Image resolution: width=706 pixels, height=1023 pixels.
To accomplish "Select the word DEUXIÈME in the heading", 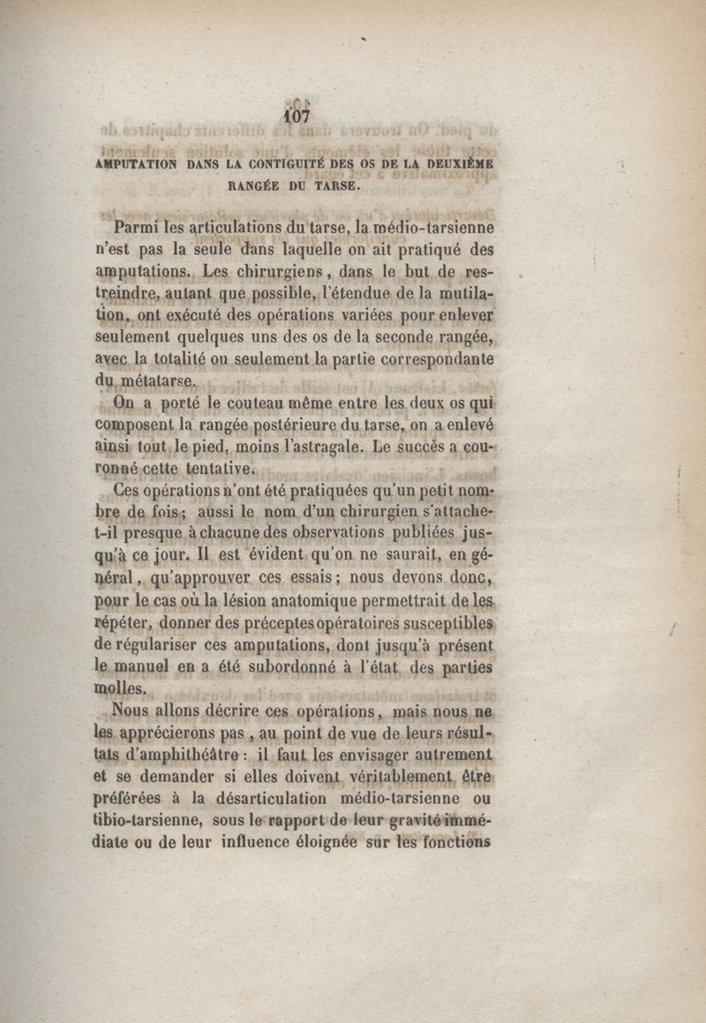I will (x=456, y=163).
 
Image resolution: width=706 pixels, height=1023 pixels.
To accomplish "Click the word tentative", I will (x=221, y=469).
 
